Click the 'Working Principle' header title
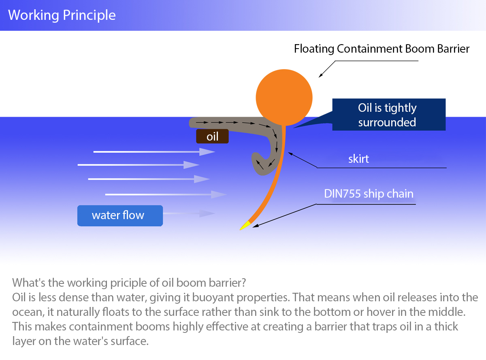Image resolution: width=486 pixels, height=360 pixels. pos(62,15)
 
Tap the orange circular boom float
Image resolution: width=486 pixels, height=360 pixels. pos(284,97)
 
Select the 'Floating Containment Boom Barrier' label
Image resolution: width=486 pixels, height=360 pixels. pos(382,49)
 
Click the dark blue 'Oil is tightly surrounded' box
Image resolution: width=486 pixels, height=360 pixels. pos(388,115)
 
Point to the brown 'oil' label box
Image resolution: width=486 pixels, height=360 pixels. pos(212,136)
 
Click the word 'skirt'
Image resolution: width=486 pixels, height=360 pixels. pos(358,158)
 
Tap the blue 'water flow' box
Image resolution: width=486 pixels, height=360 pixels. pos(120,215)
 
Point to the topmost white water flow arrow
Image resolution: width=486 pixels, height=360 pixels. pos(154,152)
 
